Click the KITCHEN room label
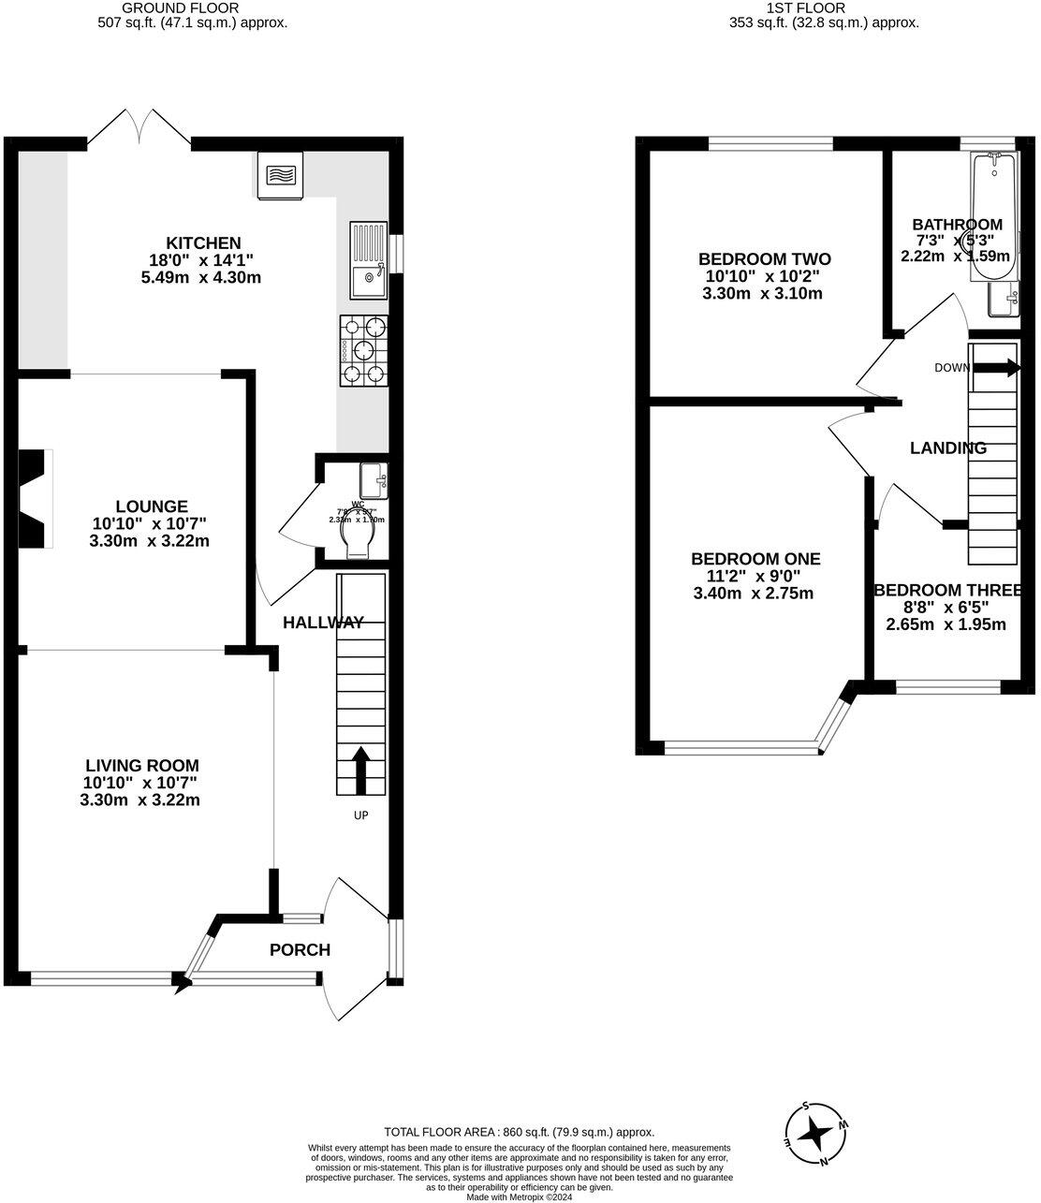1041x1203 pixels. pyautogui.click(x=203, y=242)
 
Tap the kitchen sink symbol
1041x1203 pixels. pyautogui.click(x=367, y=260)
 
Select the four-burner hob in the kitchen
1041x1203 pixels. pyautogui.click(x=363, y=350)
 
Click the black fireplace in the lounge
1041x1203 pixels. pyautogui.click(x=34, y=498)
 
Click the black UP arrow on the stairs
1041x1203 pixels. pyautogui.click(x=359, y=768)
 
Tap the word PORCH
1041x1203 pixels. pyautogui.click(x=300, y=950)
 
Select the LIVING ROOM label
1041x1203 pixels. pyautogui.click(x=141, y=766)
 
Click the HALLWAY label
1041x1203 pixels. pyautogui.click(x=323, y=623)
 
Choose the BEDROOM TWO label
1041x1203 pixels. pyautogui.click(x=764, y=259)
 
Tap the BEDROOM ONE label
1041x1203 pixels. pyautogui.click(x=755, y=559)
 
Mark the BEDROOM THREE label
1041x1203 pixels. pyautogui.click(x=946, y=590)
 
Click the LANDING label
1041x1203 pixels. pyautogui.click(x=947, y=448)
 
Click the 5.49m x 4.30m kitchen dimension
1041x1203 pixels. pyautogui.click(x=203, y=277)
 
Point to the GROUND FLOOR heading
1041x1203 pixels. pyautogui.click(x=193, y=7)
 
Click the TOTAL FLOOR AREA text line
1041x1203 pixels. pyautogui.click(x=520, y=1132)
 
